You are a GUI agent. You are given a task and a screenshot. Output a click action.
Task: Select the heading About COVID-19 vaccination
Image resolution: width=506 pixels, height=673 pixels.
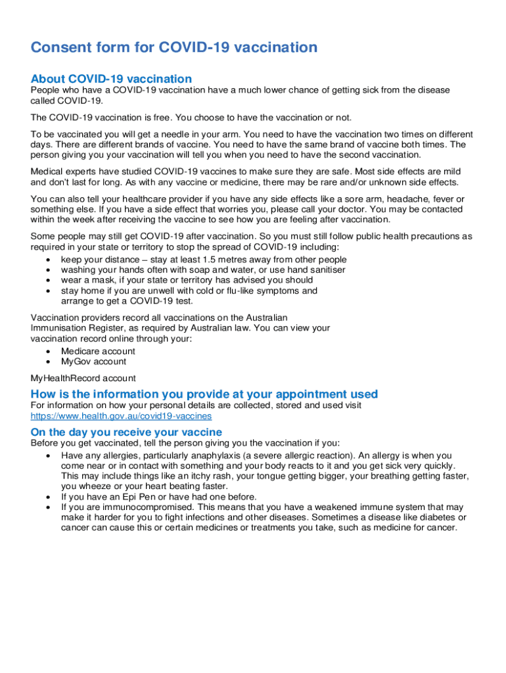point(111,79)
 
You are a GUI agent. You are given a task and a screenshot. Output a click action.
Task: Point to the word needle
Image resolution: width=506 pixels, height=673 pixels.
point(172,134)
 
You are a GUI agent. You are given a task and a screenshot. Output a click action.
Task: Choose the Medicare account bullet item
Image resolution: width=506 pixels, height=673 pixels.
point(98,351)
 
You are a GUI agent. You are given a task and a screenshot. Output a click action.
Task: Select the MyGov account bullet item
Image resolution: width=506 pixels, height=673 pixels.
point(93,361)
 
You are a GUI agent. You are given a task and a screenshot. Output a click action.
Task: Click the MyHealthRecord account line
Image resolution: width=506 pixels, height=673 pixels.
point(83,378)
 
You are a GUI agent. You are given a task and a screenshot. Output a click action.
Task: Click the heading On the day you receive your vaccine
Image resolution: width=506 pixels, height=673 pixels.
point(126,432)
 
